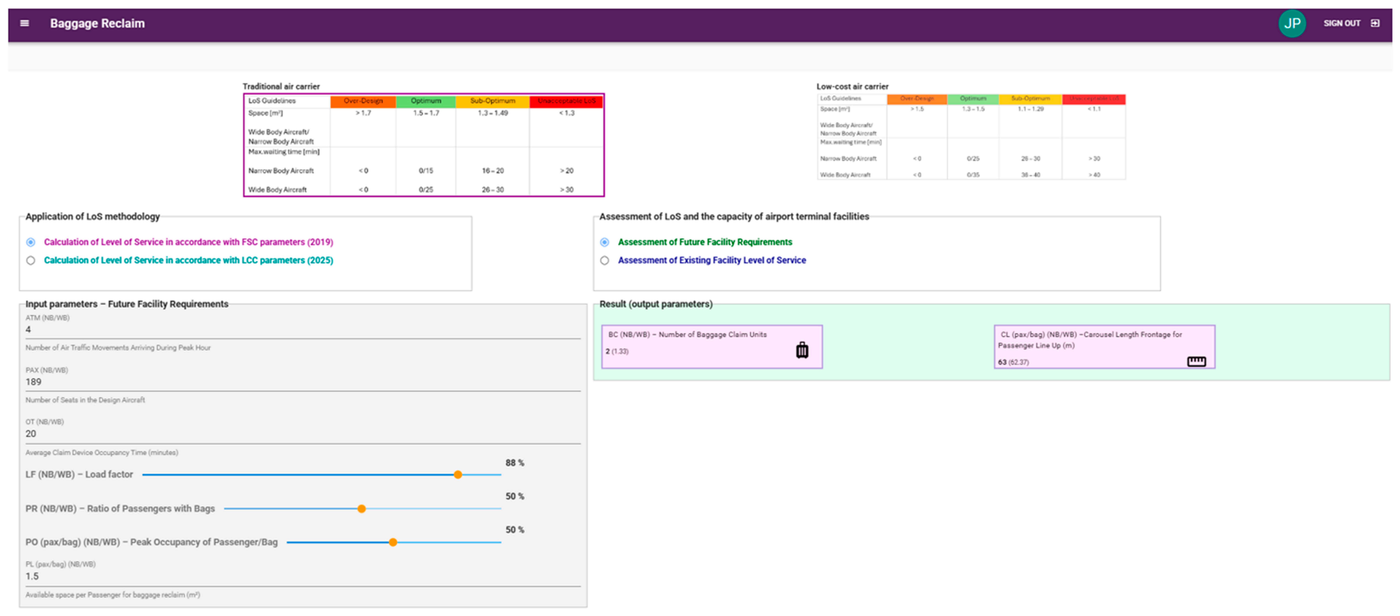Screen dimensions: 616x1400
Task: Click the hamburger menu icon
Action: coord(25,23)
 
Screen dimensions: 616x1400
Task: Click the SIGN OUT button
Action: coord(1350,23)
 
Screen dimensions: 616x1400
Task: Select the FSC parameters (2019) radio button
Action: coord(31,242)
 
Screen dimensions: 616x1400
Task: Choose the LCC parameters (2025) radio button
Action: coord(31,261)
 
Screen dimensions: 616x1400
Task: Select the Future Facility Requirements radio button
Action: coord(604,242)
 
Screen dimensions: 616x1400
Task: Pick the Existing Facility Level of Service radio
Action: coord(604,261)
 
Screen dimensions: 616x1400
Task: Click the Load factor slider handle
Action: coord(458,475)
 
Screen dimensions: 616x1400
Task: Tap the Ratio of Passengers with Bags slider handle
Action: coord(361,509)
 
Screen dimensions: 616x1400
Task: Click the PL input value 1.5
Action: coord(32,576)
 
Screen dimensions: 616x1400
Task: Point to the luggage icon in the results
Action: coord(802,350)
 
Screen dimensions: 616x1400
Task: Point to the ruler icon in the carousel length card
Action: coord(1196,361)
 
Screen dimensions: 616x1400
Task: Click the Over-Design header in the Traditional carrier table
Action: coord(363,101)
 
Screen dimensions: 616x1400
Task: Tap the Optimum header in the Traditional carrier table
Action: coord(426,101)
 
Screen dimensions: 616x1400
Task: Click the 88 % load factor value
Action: coord(514,463)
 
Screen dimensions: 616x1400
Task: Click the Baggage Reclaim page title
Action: coord(97,23)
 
